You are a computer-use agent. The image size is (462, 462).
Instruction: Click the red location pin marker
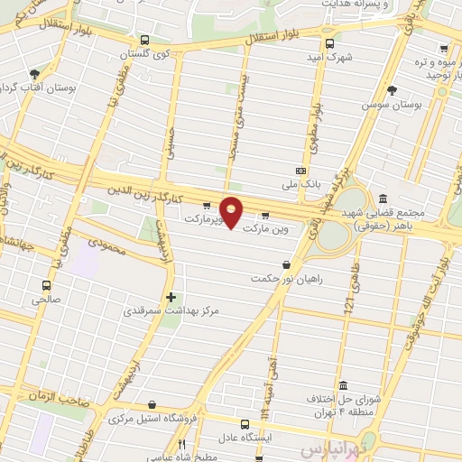coord(231,213)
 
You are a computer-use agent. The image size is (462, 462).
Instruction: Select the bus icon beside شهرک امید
coord(329,43)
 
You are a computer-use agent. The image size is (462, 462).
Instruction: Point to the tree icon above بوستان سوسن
coord(391,90)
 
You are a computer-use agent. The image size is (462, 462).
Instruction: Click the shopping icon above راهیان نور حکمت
coord(287,264)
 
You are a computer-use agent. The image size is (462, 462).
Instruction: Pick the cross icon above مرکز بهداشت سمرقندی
coord(171,296)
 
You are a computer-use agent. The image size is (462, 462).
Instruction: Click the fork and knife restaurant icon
coord(181,444)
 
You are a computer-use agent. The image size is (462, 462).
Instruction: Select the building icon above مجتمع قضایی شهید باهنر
coord(383,199)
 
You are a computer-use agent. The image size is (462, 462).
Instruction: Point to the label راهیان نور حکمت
coord(287,279)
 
